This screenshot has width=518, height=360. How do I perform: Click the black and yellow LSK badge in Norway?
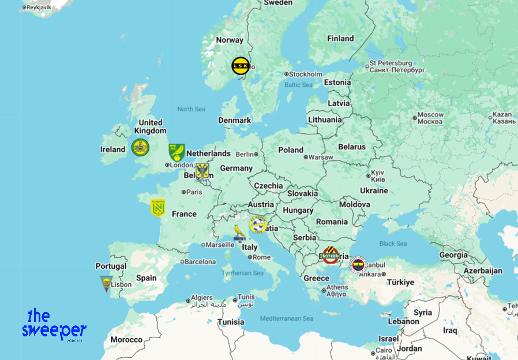(x=241, y=66)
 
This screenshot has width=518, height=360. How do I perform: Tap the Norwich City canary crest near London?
(x=177, y=152)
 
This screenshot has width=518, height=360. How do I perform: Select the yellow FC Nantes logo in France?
(x=157, y=208)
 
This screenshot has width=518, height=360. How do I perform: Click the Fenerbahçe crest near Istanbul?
(x=358, y=265)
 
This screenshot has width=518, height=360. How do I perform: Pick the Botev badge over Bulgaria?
(x=331, y=254)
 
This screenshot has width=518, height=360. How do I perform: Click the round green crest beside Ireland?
(x=140, y=147)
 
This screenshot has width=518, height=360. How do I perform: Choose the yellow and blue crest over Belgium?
(x=202, y=170)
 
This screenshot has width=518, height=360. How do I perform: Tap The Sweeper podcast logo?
(x=54, y=325)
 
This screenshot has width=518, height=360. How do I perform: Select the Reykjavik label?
(x=39, y=7)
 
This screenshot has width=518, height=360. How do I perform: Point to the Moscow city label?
(x=430, y=118)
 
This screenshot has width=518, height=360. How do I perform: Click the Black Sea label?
(x=393, y=243)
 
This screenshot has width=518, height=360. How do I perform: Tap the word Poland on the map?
(x=291, y=150)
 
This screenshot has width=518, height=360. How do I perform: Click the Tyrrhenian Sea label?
(x=243, y=273)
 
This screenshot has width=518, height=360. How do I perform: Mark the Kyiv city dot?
(x=369, y=175)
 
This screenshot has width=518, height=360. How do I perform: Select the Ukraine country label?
(x=374, y=190)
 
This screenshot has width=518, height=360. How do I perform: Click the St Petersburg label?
(x=391, y=63)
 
